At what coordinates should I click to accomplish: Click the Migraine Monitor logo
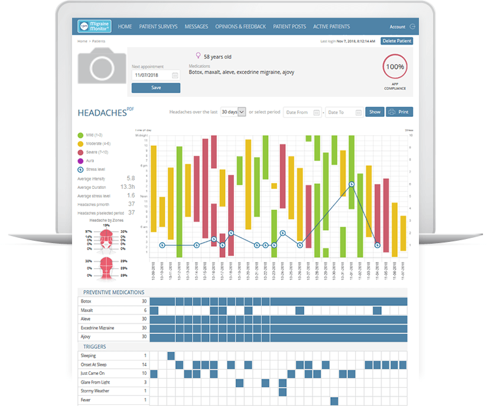[x=95, y=27]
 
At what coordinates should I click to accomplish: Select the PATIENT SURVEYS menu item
[x=158, y=27]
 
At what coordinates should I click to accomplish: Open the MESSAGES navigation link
[x=196, y=27]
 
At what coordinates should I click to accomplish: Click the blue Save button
[x=156, y=87]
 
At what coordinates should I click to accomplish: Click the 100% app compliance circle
[x=395, y=67]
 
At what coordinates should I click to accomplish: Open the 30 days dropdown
[x=233, y=112]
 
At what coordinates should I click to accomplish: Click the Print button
[x=399, y=112]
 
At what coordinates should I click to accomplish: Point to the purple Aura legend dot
[x=80, y=161]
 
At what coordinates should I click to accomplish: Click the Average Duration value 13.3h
[x=127, y=186]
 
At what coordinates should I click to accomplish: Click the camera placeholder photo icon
[x=102, y=66]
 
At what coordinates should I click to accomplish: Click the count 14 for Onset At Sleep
[x=144, y=365]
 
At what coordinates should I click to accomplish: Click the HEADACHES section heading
[x=102, y=112]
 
